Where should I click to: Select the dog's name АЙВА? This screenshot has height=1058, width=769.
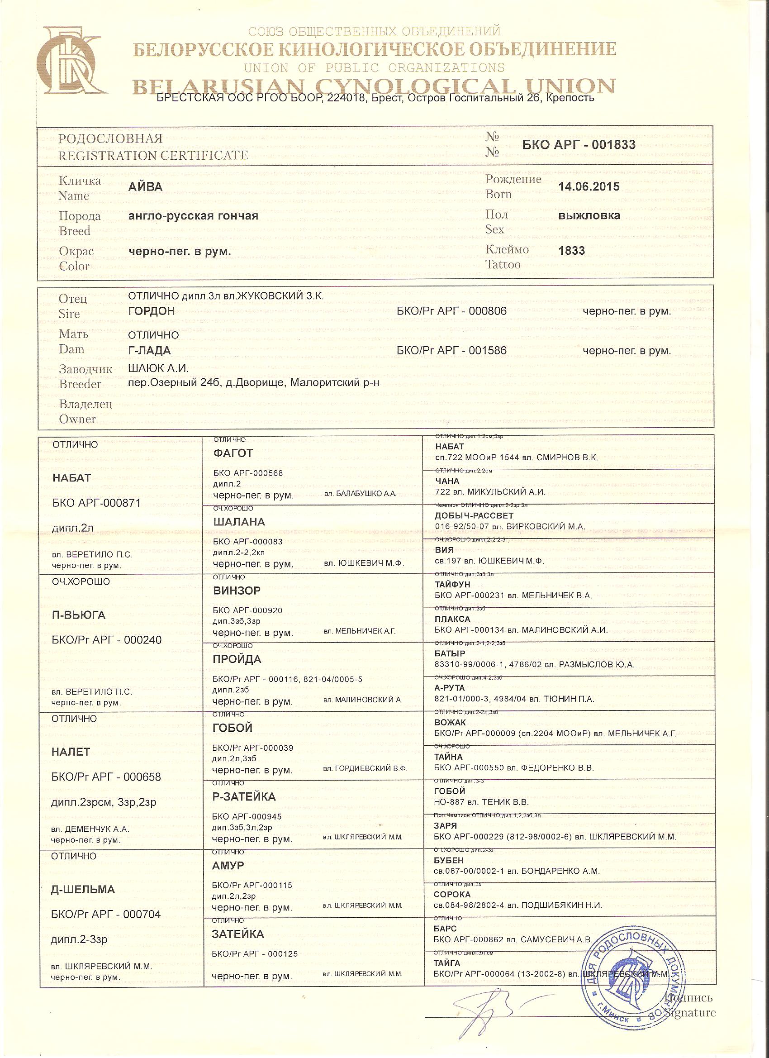(145, 186)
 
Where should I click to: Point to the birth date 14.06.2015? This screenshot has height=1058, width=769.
(589, 186)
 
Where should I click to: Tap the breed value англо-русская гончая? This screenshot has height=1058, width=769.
(193, 215)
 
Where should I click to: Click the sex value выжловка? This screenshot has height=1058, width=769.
(589, 215)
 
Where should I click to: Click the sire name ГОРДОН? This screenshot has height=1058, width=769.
(151, 311)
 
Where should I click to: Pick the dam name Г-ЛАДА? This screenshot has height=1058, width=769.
(149, 351)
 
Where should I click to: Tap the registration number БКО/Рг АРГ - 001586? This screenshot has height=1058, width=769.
(451, 351)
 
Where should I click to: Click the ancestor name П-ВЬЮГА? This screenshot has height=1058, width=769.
(79, 615)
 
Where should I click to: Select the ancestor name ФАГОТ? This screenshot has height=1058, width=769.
(233, 453)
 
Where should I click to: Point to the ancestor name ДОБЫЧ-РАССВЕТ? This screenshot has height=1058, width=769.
(474, 515)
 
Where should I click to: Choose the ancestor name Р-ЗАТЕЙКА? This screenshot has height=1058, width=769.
(244, 796)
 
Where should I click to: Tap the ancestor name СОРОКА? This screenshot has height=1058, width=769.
(452, 894)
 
